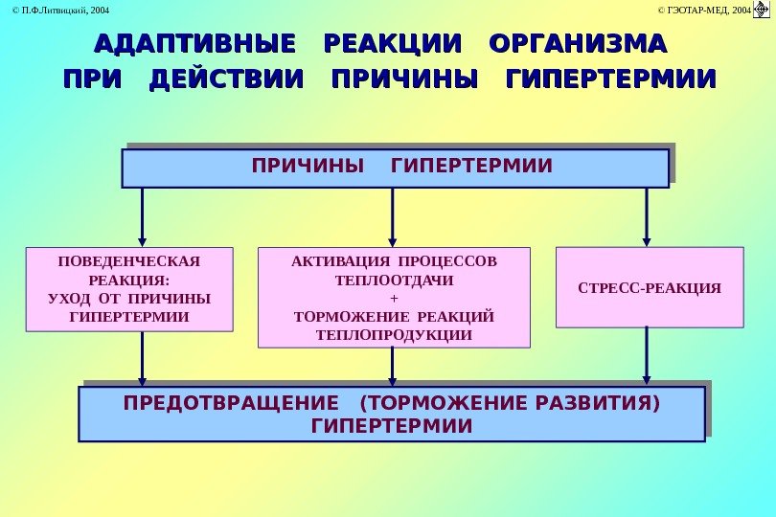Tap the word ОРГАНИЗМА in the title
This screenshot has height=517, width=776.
[577, 44]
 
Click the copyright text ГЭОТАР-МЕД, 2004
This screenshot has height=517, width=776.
[703, 10]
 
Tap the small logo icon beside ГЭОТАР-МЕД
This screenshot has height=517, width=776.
[763, 10]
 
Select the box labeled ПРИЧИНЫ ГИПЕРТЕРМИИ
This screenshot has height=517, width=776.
[395, 168]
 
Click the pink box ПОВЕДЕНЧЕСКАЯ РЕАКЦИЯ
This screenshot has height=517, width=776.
[129, 289]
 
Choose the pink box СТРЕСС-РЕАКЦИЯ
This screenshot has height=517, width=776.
[650, 287]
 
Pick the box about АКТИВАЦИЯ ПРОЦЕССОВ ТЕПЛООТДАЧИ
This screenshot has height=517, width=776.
[394, 298]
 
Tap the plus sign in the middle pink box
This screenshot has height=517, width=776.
[394, 299]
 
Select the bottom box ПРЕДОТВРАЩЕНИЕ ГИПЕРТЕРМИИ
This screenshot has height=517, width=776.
[391, 414]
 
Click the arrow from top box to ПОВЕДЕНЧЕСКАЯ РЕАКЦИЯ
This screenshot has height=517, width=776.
[143, 217]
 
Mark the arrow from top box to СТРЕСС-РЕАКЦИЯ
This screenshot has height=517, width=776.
[647, 216]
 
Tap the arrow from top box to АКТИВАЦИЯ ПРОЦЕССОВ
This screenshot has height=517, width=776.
[393, 217]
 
